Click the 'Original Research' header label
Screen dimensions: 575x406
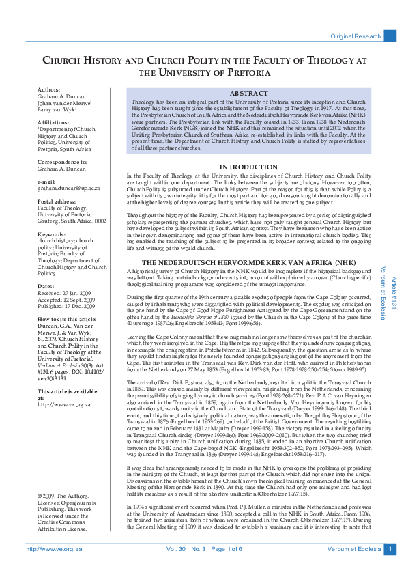tap(355, 36)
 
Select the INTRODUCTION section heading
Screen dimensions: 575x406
tap(248, 167)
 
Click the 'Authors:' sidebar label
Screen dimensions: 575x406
tap(48, 89)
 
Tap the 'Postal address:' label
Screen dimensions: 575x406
tap(56, 203)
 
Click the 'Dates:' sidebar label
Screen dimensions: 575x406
tap(46, 286)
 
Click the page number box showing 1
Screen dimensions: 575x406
tap(389, 549)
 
